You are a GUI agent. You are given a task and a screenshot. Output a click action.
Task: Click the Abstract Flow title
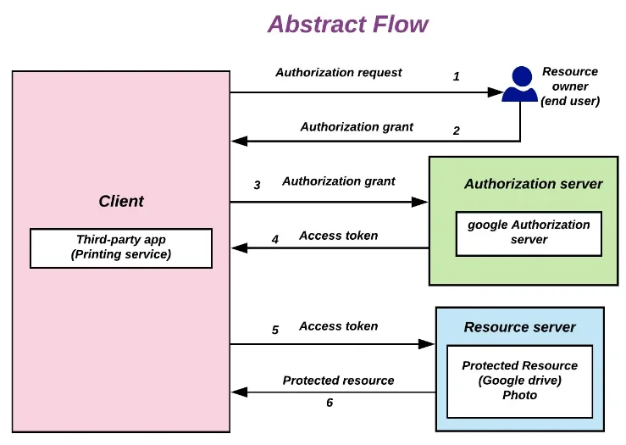point(348,24)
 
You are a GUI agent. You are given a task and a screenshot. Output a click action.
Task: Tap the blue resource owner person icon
point(520,84)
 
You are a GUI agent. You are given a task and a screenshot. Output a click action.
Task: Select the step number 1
point(457,76)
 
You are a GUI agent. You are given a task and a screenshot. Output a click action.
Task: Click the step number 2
point(457,131)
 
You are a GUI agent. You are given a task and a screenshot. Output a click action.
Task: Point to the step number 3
point(258,185)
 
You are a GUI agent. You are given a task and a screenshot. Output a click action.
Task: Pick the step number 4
point(275,239)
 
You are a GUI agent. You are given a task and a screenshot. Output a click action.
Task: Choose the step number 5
point(275,330)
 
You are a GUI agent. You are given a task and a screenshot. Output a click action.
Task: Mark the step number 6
point(330,403)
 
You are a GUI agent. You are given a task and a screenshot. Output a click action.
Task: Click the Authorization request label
point(339,72)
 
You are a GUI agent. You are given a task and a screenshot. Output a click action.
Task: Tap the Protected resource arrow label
point(339,381)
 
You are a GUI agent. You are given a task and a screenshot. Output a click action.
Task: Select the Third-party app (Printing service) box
point(121,248)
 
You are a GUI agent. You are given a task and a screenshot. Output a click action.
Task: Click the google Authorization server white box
point(529,234)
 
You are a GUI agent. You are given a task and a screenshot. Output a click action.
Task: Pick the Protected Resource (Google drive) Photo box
point(519,381)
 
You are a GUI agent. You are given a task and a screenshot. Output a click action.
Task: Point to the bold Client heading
point(121,201)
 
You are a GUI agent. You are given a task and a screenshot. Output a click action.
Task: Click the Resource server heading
point(519,327)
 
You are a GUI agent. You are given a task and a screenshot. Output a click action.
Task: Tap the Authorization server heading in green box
point(534,184)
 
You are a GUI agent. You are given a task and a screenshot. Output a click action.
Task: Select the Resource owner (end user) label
point(570,86)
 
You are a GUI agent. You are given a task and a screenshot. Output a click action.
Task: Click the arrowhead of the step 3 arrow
point(420,202)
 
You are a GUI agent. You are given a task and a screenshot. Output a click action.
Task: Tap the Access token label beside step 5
point(339,326)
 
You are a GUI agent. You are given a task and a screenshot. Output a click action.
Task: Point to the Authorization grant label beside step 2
point(357,126)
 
